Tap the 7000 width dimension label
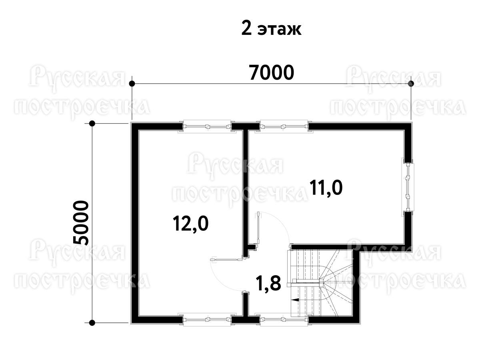pyautogui.click(x=271, y=72)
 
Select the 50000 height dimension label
pyautogui.click(x=81, y=223)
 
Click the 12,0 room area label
pyautogui.click(x=190, y=223)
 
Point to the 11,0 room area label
pyautogui.click(x=326, y=188)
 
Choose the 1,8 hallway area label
pyautogui.click(x=269, y=284)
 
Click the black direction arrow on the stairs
pyautogui.click(x=296, y=300)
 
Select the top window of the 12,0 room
pyautogui.click(x=207, y=126)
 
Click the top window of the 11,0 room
pyautogui.click(x=284, y=126)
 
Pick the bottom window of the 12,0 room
pyautogui.click(x=207, y=320)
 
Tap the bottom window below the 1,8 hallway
pyautogui.click(x=284, y=320)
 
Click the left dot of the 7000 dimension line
pyautogui.click(x=132, y=84)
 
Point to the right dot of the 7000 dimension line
pyautogui.click(x=411, y=84)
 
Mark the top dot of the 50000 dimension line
pyautogui.click(x=92, y=124)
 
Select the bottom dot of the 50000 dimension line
pyautogui.click(x=92, y=323)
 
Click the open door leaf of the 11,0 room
pyautogui.click(x=258, y=228)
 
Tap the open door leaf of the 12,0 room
pyautogui.click(x=226, y=260)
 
